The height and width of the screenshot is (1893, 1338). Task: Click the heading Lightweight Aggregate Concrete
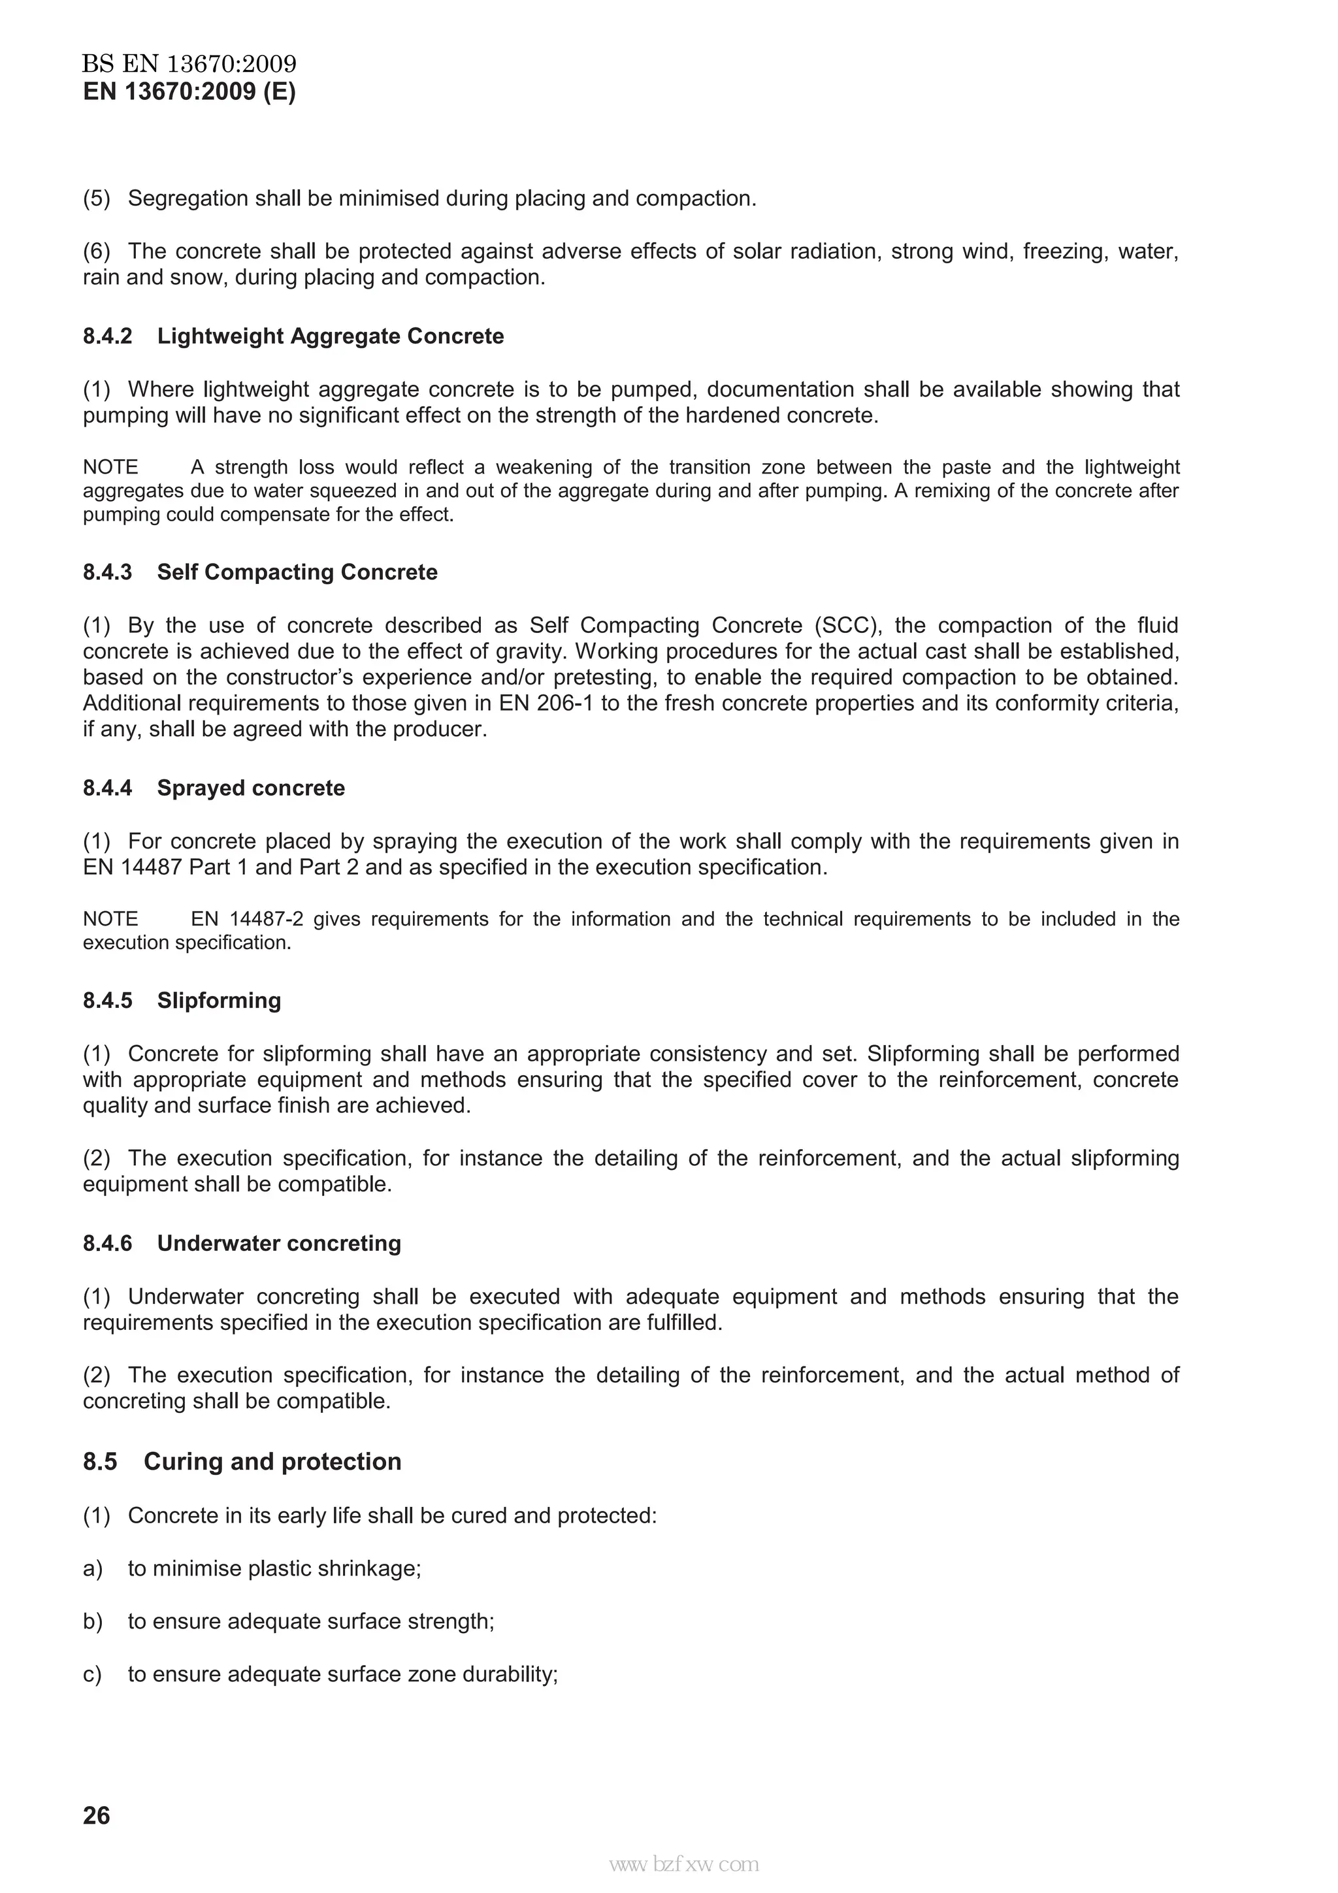point(330,336)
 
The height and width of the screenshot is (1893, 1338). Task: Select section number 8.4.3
point(107,572)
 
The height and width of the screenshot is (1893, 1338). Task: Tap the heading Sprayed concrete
point(251,788)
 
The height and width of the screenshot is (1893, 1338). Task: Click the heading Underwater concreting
point(279,1243)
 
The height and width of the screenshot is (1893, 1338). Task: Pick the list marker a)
point(92,1568)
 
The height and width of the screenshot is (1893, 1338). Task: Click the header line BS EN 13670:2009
point(189,63)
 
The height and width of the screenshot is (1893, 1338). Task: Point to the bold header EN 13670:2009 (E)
point(189,91)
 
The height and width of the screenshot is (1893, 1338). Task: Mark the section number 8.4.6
point(107,1243)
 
